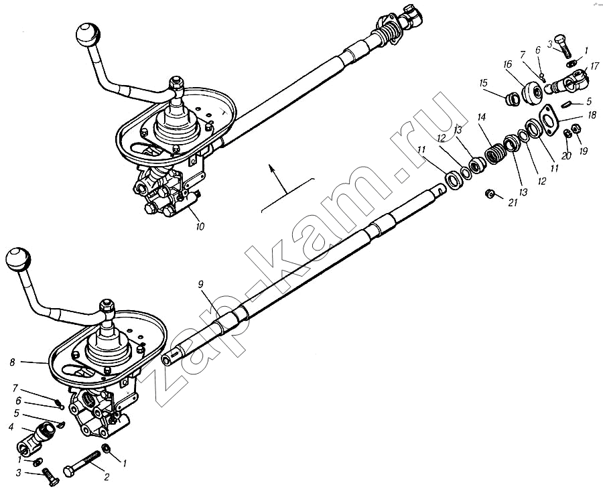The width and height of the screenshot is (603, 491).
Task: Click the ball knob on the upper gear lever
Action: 88,34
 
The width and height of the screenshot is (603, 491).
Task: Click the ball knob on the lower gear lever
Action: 17,261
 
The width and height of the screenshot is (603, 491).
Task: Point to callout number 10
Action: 200,226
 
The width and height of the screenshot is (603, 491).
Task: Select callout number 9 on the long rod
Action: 201,284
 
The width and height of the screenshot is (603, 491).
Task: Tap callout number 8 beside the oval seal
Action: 12,362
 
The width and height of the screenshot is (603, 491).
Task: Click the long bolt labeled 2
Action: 82,464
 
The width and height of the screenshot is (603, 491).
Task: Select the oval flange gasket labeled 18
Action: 550,119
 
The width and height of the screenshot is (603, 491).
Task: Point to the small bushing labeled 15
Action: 513,99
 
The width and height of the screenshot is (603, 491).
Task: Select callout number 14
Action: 482,117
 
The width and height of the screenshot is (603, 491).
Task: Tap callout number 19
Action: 583,151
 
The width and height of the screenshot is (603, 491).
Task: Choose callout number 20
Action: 566,155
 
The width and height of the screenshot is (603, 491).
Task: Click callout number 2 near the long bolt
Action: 107,477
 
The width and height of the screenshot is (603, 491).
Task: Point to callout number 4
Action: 11,427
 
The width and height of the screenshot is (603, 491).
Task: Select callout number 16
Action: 507,64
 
